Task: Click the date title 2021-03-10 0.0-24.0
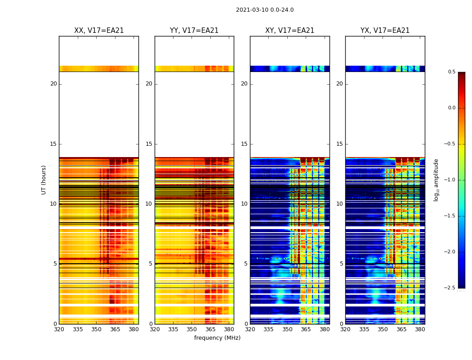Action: pos(265,10)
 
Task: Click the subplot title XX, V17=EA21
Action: pos(99,31)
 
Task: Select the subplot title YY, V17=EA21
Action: pos(194,31)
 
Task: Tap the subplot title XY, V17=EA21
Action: pos(289,31)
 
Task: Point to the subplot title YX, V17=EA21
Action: pos(385,31)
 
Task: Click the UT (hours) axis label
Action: pos(44,180)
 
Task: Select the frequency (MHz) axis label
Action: pos(217,338)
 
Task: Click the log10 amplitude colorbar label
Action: pos(436,180)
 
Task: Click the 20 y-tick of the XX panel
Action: pos(53,84)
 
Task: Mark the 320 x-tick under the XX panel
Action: pos(59,329)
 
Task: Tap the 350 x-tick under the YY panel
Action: pos(192,329)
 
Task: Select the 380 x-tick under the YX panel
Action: pos(420,329)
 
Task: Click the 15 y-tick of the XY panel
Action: pos(245,144)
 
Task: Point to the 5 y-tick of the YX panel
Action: pos(342,264)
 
